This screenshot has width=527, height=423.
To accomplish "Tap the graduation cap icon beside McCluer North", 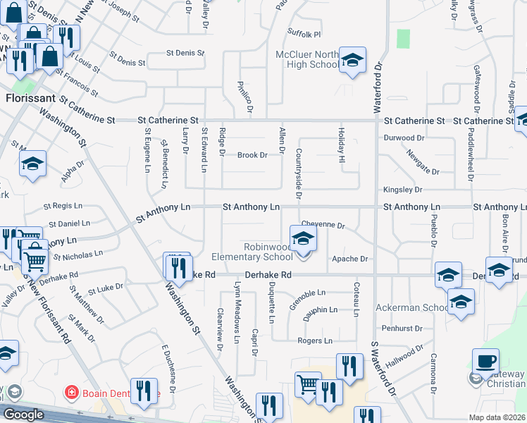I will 352,60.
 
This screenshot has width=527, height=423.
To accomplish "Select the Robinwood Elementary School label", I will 268,252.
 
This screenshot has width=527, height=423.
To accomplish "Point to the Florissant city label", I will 30,98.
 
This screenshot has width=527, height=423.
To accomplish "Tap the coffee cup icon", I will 485,361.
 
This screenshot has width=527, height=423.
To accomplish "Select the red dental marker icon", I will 70,392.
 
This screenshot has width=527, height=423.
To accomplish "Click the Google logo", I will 23,415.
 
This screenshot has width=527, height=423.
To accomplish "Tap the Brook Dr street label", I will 252,155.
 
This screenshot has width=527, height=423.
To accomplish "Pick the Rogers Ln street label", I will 314,341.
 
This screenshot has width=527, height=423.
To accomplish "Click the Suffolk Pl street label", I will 304,34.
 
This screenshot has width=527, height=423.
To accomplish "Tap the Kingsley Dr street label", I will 402,190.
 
